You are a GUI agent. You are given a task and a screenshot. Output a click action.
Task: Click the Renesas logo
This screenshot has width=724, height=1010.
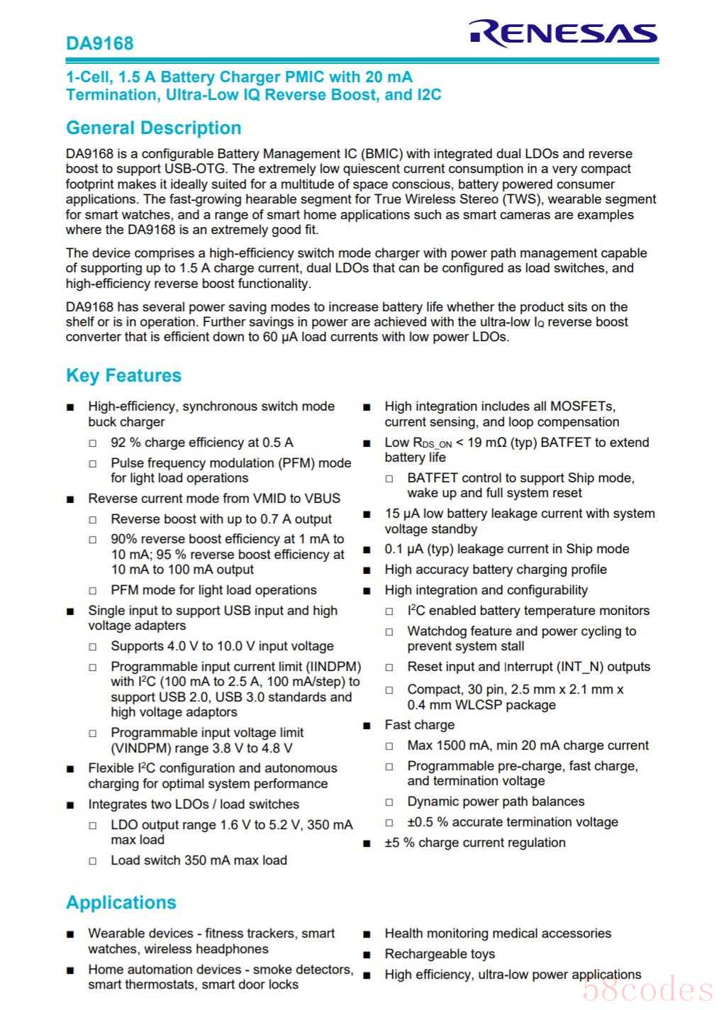point(563,33)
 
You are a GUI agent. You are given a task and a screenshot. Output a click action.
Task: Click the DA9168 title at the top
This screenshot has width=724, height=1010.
point(99,43)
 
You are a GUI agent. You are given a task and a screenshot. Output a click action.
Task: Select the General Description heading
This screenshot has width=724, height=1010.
point(153,128)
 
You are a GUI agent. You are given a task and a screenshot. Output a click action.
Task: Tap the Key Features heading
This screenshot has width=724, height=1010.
point(123,375)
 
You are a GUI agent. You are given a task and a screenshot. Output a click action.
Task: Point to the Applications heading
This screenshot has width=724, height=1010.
point(121,902)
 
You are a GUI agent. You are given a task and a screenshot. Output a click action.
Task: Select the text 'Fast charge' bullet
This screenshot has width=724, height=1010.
point(419,725)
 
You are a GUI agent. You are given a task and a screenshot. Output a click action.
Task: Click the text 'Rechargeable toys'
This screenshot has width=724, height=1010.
point(440,954)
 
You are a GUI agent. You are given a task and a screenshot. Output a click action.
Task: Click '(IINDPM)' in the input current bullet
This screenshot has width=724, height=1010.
point(333,667)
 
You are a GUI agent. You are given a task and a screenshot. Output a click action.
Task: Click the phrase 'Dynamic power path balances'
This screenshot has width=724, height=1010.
point(496,801)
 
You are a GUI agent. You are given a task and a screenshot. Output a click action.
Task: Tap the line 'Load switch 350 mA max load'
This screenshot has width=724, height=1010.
point(199,860)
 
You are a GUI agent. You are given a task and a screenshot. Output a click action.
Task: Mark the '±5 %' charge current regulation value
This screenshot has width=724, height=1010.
point(399,843)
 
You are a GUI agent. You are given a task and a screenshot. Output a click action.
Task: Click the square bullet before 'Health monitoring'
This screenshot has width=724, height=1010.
point(367,934)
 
